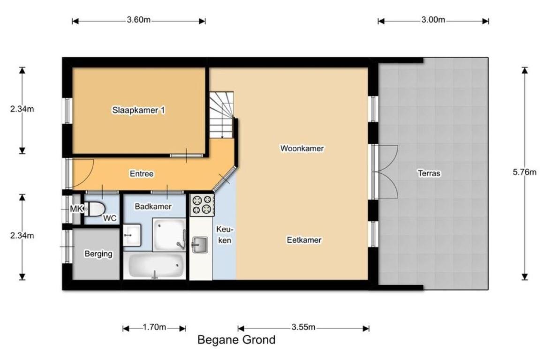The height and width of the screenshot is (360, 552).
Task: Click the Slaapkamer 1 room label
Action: pyautogui.click(x=138, y=110)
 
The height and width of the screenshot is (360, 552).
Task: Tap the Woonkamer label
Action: pyautogui.click(x=302, y=148)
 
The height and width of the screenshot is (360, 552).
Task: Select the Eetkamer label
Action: pyautogui.click(x=304, y=240)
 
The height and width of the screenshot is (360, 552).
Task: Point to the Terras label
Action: pyautogui.click(x=429, y=173)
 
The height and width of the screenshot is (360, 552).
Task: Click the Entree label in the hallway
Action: pyautogui.click(x=142, y=173)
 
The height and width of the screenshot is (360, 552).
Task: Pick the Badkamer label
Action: pyautogui.click(x=153, y=207)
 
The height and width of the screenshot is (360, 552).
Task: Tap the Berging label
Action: pyautogui.click(x=98, y=254)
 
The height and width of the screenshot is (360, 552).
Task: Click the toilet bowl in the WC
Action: pyautogui.click(x=94, y=209)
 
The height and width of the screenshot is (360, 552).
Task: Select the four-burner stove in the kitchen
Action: pyautogui.click(x=202, y=205)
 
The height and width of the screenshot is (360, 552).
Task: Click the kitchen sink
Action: pyautogui.click(x=200, y=245)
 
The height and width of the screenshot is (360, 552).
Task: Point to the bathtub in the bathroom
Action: pyautogui.click(x=156, y=266)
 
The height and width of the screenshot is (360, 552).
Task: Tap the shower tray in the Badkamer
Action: pyautogui.click(x=169, y=235)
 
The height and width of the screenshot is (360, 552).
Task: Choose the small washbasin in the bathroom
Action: pyautogui.click(x=132, y=235)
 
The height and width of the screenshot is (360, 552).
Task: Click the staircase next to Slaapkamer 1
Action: pyautogui.click(x=221, y=115)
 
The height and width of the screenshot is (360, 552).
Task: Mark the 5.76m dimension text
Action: pyautogui.click(x=524, y=172)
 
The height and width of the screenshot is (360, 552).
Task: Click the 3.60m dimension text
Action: pyautogui.click(x=139, y=20)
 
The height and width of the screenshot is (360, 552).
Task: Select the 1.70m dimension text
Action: pyautogui.click(x=154, y=327)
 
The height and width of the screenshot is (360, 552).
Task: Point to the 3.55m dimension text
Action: pyautogui.click(x=303, y=327)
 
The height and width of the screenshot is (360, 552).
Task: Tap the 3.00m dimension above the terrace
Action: pyautogui.click(x=433, y=20)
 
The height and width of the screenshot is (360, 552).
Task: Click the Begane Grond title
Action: pyautogui.click(x=236, y=340)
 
